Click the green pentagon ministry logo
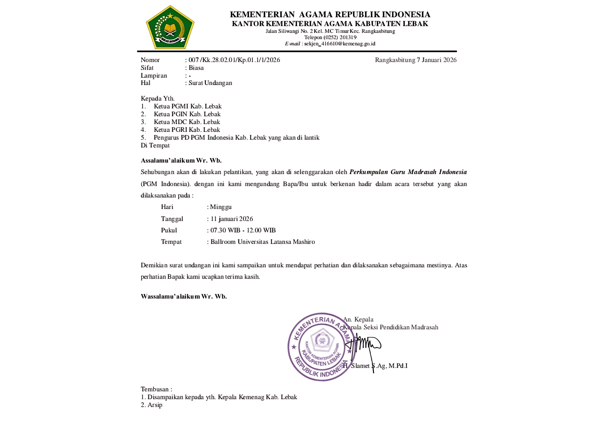(x=170, y=27)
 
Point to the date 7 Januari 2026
(x=436, y=60)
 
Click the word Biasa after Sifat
(x=196, y=68)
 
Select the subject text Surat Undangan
(x=210, y=83)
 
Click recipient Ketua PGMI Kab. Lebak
(x=187, y=106)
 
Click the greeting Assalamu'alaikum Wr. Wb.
(x=181, y=161)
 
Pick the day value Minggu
(x=221, y=207)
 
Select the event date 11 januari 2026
(x=232, y=219)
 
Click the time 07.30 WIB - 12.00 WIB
(x=243, y=230)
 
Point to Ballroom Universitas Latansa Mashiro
(x=262, y=242)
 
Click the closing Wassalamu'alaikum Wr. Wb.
(x=184, y=296)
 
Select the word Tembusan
(x=155, y=389)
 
